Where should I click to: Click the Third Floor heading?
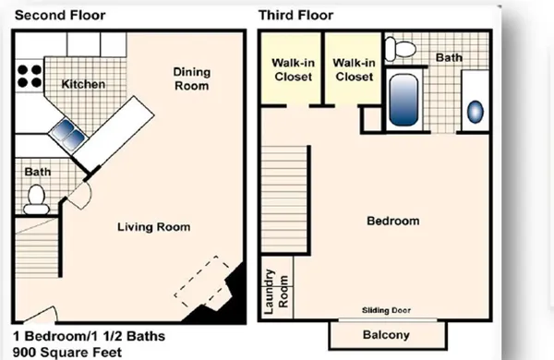point(295,16)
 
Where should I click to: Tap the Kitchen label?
point(83,85)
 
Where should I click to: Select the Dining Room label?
point(192,79)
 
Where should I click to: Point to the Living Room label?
point(153,227)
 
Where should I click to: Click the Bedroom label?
point(392,222)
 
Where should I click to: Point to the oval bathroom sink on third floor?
point(475,112)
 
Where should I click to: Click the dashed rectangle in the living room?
point(203,284)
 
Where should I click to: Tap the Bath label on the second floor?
point(37,172)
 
